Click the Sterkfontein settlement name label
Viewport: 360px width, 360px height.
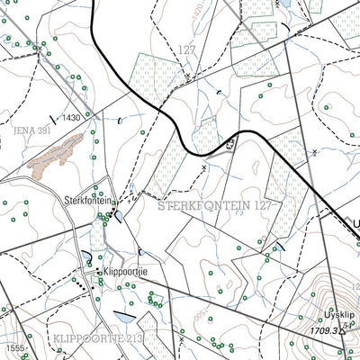click(x=88, y=200)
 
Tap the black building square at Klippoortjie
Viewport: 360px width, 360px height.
click(x=98, y=270)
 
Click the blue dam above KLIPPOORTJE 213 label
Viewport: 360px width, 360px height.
click(x=124, y=316)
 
